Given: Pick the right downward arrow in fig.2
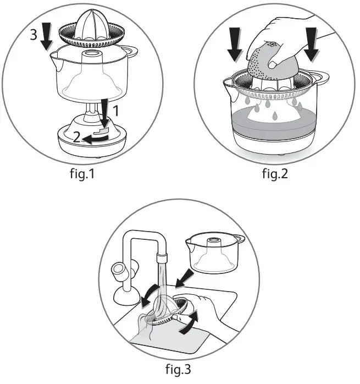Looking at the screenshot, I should tap(311, 44).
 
